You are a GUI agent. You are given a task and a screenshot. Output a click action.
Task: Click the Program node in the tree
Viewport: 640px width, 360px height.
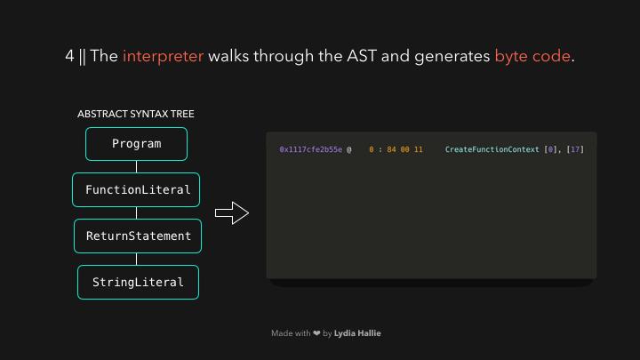(x=136, y=144)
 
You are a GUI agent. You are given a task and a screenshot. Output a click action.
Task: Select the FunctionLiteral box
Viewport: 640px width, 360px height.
(x=137, y=190)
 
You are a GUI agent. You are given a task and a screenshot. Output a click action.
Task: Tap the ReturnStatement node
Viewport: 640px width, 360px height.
(x=138, y=236)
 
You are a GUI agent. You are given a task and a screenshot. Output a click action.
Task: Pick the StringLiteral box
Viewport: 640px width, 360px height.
(x=138, y=283)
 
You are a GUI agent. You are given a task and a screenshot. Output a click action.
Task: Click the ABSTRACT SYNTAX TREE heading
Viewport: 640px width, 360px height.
(x=135, y=114)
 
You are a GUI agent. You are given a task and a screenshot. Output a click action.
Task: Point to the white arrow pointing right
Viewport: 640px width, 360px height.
(x=231, y=213)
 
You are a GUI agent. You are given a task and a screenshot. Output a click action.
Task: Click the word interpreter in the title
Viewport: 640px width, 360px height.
(x=163, y=56)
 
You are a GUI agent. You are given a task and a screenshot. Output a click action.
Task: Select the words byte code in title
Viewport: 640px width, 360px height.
(x=532, y=56)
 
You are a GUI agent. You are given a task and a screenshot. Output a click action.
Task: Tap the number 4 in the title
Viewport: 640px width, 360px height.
(x=69, y=56)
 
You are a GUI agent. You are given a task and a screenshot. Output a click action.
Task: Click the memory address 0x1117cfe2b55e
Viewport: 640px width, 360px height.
(x=310, y=150)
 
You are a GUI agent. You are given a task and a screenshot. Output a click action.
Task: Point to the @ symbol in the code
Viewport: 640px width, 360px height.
(x=349, y=150)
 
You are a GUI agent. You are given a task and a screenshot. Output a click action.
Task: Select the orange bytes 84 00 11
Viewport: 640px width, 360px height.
(x=404, y=150)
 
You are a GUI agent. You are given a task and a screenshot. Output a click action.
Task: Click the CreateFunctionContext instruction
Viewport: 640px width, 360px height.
(x=492, y=150)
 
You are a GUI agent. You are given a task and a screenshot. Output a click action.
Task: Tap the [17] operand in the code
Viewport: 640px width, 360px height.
(x=575, y=150)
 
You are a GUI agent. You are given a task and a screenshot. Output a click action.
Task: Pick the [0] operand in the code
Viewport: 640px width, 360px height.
(x=551, y=150)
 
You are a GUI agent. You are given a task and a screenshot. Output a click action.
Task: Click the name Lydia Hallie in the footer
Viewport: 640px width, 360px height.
(x=357, y=333)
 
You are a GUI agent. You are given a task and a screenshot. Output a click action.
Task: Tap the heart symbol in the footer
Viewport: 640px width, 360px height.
(x=316, y=333)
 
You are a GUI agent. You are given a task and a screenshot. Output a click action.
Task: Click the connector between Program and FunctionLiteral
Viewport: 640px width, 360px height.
(x=136, y=167)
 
